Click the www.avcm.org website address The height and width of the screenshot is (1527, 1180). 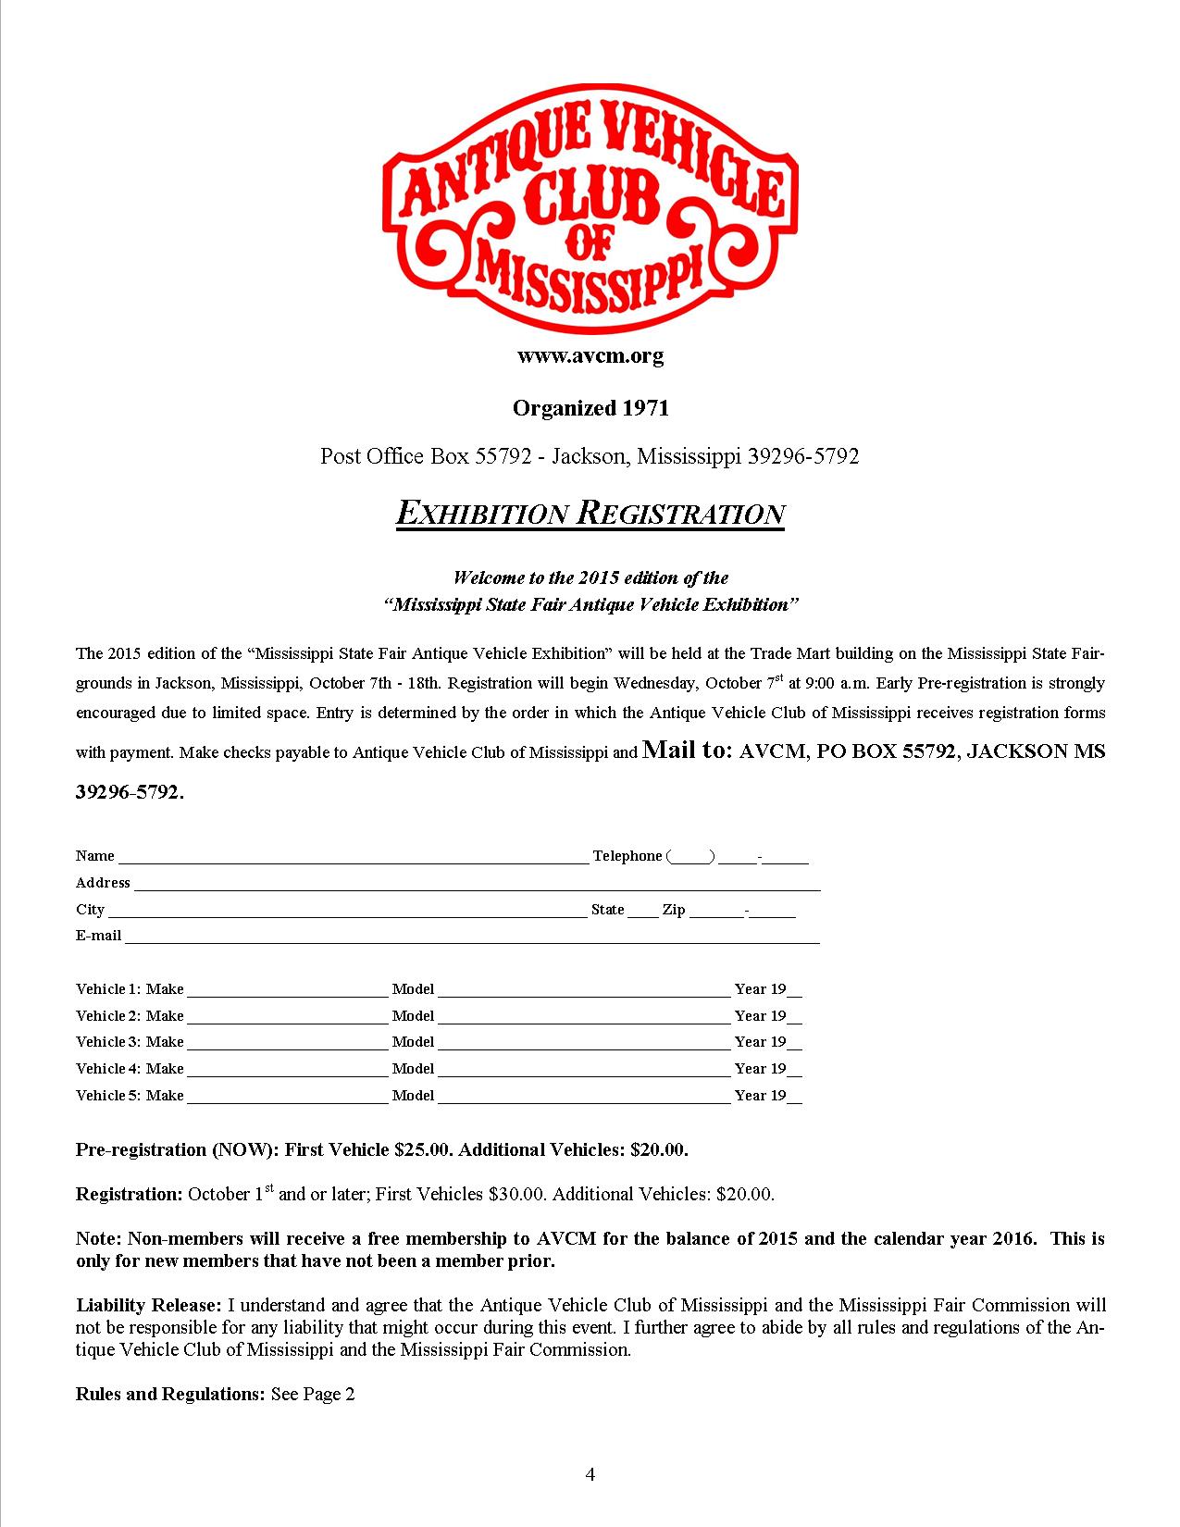pos(590,356)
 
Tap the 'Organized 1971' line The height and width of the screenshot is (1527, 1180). pos(590,408)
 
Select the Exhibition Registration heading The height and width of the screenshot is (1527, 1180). pos(590,514)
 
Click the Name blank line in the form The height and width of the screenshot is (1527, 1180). pos(352,856)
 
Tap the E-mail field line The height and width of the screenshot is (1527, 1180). pos(472,937)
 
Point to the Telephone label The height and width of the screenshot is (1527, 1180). pos(627,856)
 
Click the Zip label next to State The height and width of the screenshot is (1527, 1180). pos(673,910)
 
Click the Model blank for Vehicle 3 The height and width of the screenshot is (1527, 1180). pos(584,1043)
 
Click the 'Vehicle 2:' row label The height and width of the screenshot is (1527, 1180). pos(108,1016)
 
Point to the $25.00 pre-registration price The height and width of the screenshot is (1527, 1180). pos(423,1150)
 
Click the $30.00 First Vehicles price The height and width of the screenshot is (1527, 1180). pos(517,1195)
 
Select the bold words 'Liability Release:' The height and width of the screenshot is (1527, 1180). pos(148,1306)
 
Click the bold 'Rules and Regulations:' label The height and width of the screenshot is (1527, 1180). pos(170,1394)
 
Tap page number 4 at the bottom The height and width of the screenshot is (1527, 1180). pos(590,1475)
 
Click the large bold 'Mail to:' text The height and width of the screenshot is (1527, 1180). pos(688,751)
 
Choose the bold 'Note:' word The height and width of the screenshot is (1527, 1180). pos(97,1239)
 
